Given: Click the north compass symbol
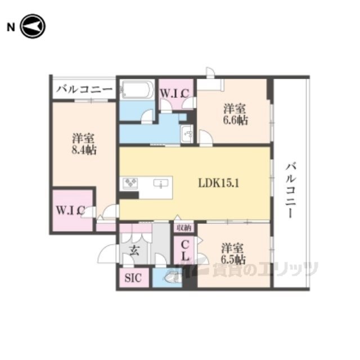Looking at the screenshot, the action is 33,26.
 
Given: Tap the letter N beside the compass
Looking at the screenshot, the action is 11,28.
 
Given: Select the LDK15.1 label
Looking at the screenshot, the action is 218,183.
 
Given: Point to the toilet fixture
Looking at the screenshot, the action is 173,278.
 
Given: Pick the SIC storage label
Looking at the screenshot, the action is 133,278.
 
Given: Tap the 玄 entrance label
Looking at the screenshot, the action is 134,250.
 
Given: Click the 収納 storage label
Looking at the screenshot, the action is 184,228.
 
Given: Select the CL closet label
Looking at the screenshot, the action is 185,250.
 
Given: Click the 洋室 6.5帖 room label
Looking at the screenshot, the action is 233,254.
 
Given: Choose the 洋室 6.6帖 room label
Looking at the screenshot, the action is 235,114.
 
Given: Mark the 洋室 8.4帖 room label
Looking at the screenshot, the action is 84,144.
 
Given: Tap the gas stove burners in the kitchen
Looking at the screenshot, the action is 130,183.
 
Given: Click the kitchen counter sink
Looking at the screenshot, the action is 161,183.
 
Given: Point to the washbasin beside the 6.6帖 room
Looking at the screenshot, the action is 187,134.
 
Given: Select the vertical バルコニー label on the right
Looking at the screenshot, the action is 291,190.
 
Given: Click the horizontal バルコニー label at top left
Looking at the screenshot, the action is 84,89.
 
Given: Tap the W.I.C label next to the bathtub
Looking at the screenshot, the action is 175,93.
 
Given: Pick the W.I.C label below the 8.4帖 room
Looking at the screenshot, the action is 71,210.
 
